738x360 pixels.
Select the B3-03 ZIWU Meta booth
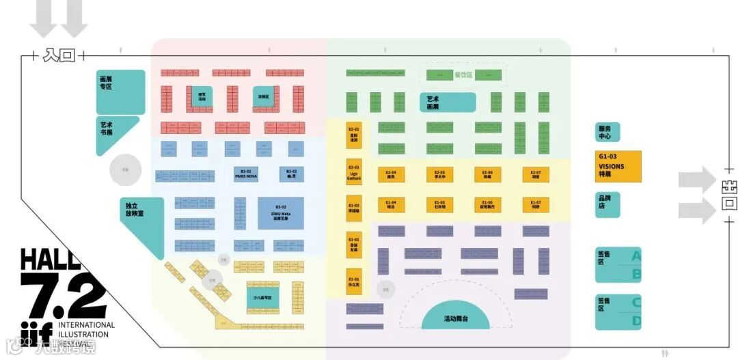(281, 212)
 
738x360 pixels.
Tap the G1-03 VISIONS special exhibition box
(618, 166)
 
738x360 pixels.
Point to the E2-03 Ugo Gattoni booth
(353, 174)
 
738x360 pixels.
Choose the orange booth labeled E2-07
(536, 175)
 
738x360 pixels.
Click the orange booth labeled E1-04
(391, 205)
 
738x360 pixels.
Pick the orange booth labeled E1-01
(353, 281)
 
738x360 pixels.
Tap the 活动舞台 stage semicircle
(456, 317)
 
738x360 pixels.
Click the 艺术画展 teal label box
(448, 102)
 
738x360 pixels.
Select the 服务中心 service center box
(607, 133)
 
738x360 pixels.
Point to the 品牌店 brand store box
(607, 204)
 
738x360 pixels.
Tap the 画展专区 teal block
(120, 91)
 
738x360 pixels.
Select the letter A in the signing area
(635, 257)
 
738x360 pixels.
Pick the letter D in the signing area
(635, 321)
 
